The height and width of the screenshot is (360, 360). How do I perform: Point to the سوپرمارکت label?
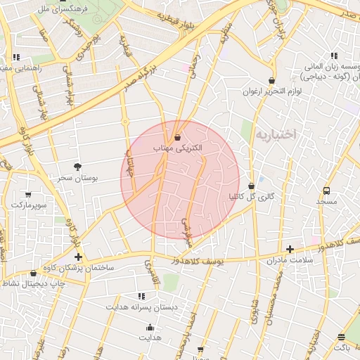point(27,205)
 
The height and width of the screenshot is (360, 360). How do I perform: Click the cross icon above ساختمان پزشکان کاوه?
point(78,257)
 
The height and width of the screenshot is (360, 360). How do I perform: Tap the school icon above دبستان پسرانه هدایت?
point(141,296)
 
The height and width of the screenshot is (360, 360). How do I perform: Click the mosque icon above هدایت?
point(149,327)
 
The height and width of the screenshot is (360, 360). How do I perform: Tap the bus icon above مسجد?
point(326,191)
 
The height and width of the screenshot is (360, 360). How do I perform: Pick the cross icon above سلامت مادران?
point(290,249)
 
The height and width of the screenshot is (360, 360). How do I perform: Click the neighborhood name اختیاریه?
point(276,133)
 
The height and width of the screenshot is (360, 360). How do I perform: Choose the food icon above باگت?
point(341,337)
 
